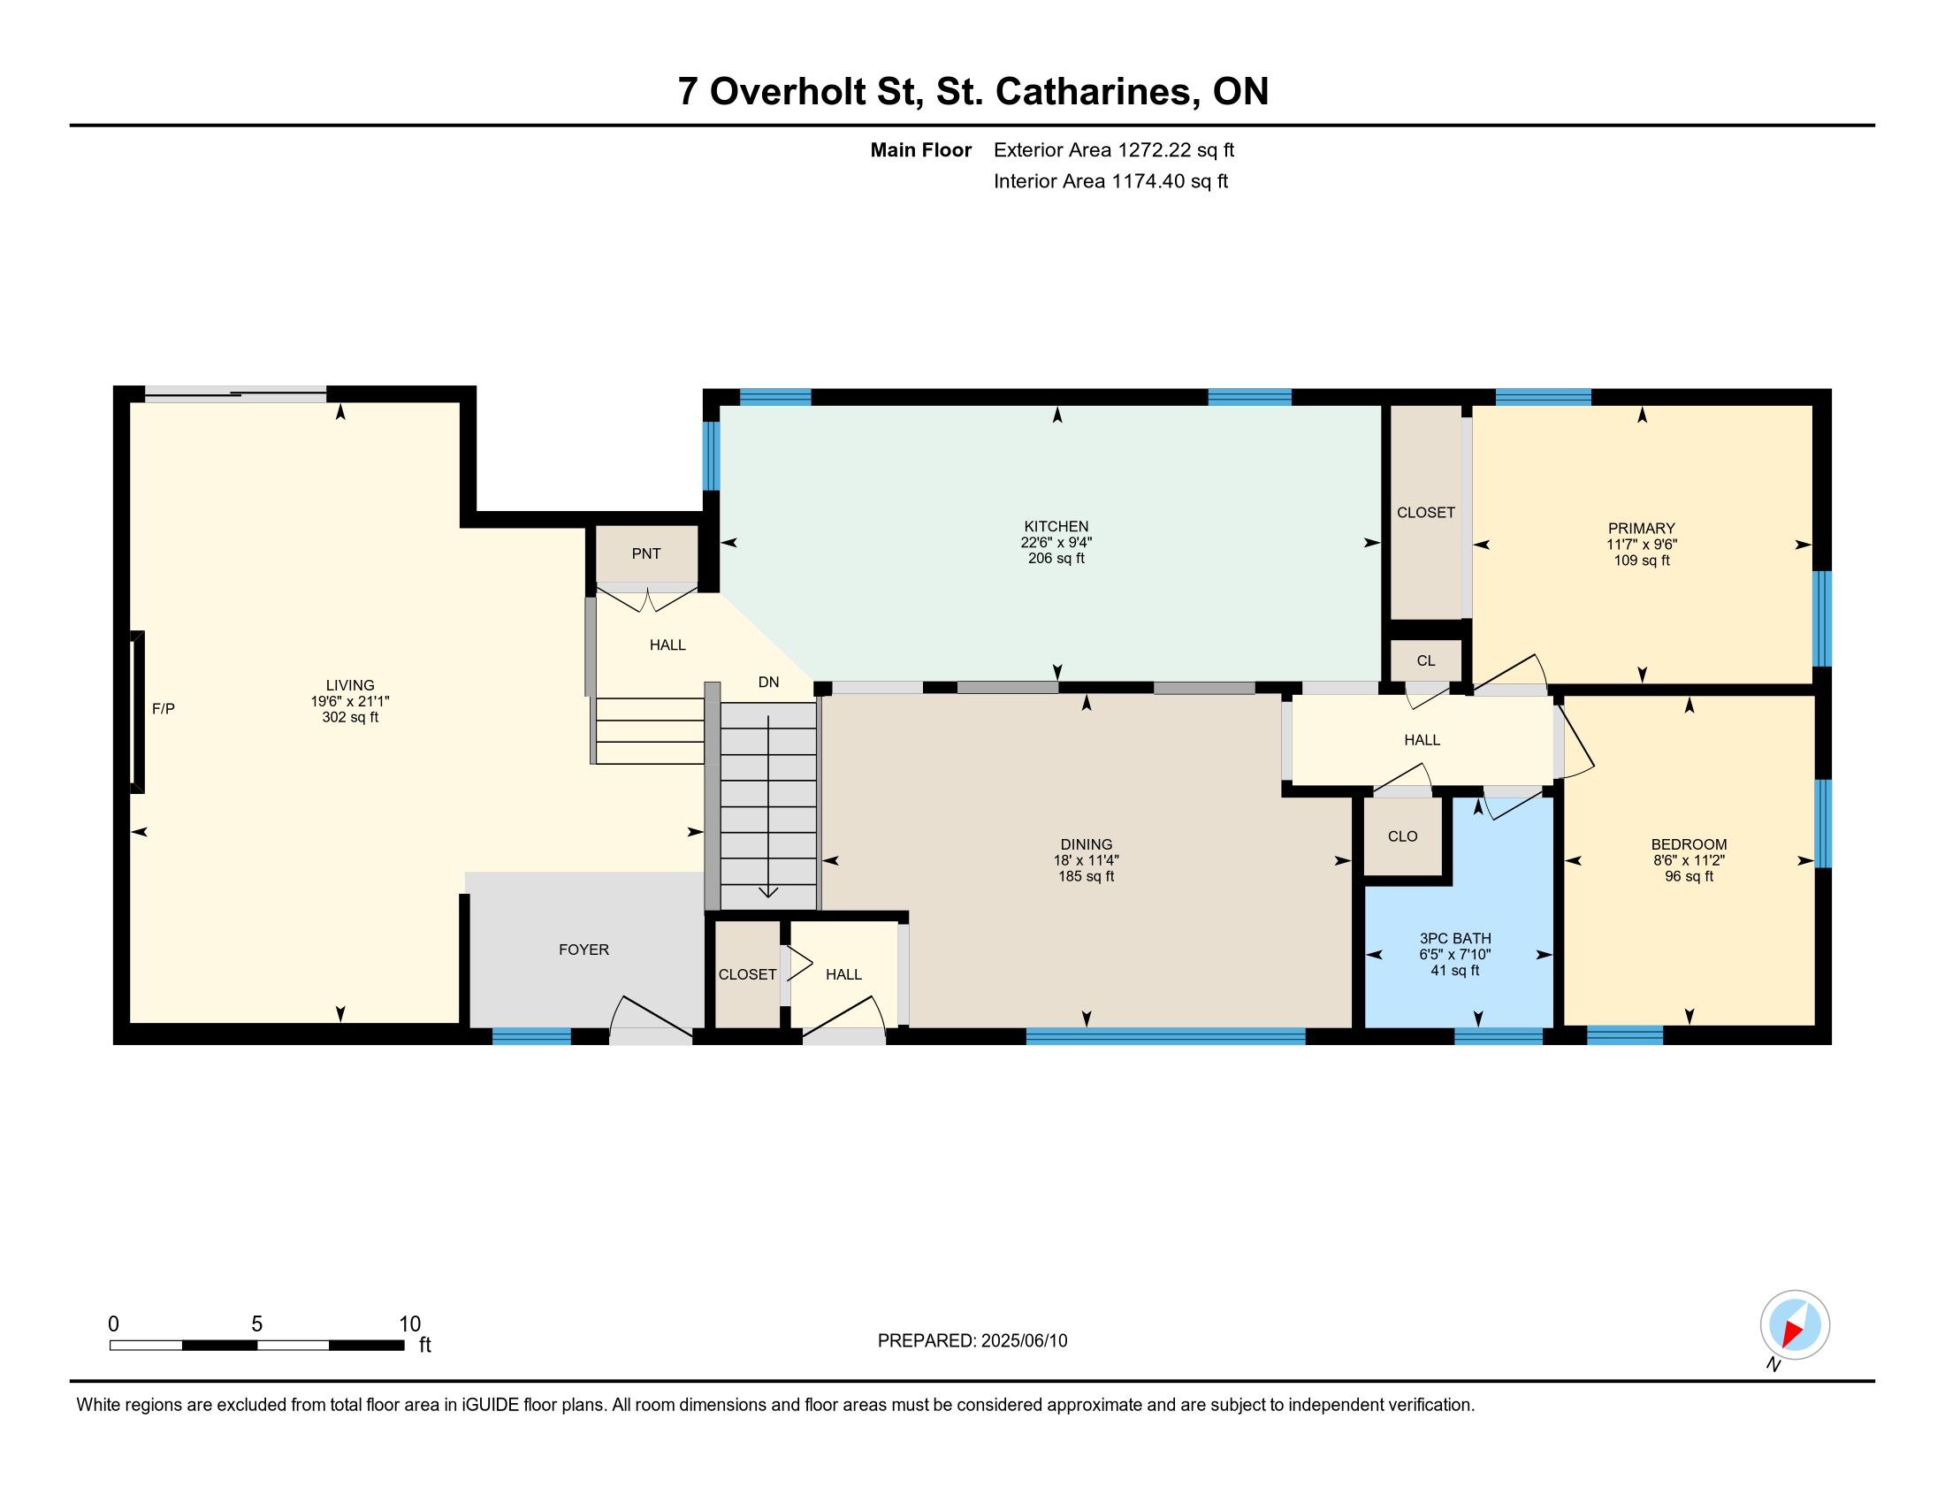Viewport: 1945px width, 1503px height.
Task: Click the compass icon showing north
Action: pos(1795,1324)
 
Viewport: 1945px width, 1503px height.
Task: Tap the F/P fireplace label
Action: pos(163,709)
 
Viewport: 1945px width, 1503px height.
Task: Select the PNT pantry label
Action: pos(645,553)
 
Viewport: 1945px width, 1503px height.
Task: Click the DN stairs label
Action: pos(768,682)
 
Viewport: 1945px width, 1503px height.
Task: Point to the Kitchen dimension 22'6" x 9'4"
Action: pos(1056,542)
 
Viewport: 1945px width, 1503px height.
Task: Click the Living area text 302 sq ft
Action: pos(350,717)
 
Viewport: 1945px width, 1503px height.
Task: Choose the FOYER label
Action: pos(584,950)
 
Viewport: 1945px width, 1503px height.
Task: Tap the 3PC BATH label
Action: pos(1455,938)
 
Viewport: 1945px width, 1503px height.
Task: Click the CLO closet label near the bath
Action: pos(1403,836)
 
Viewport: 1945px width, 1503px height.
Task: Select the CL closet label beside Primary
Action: pos(1426,660)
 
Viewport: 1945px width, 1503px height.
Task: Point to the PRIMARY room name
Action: pos(1642,528)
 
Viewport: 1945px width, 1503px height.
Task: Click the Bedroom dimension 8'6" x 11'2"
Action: pos(1689,861)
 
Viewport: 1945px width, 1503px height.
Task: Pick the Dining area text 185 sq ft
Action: pos(1086,876)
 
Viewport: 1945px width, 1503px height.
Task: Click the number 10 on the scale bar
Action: pos(409,1324)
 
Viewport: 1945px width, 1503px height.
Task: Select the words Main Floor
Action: pos(921,149)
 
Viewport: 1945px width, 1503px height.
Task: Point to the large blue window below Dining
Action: pos(1165,1035)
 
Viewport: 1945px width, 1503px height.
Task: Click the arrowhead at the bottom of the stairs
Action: pos(767,893)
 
